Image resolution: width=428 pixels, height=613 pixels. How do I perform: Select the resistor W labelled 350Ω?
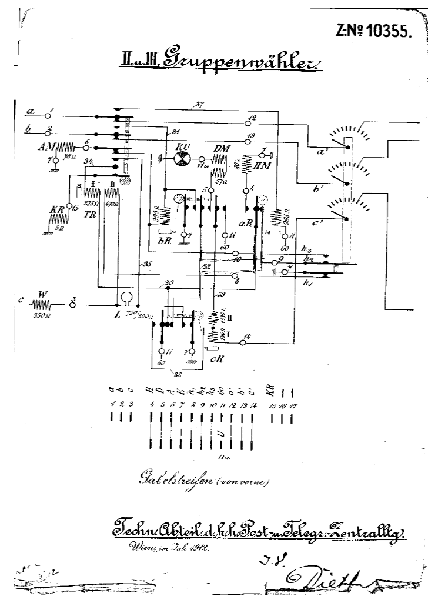[x=42, y=305]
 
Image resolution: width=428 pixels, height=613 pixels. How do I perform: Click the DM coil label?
[x=222, y=148]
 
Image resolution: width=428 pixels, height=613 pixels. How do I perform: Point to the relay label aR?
[x=244, y=226]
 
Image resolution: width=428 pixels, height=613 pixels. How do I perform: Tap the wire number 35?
[x=143, y=265]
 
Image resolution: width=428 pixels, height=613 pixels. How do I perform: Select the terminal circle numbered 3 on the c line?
[x=72, y=305]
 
